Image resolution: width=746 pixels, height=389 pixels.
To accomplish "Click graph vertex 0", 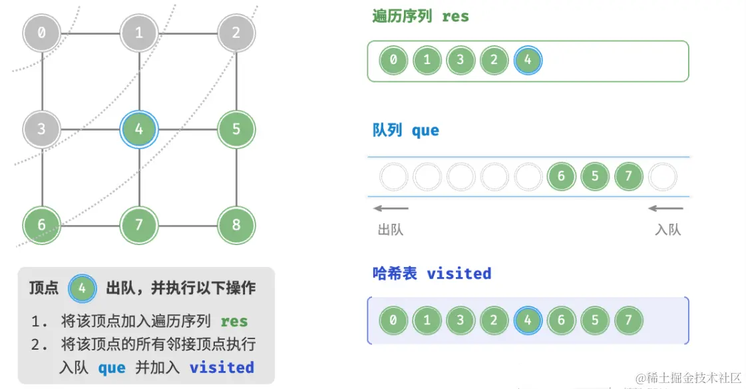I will [42, 32].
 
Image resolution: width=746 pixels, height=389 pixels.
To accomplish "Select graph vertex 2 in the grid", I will [236, 32].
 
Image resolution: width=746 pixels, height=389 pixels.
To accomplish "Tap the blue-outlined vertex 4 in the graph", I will [139, 129].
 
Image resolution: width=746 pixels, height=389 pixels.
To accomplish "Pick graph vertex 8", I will [236, 224].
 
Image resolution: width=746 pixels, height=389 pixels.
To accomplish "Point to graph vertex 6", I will [42, 224].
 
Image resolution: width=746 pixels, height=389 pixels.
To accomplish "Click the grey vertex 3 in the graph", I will [42, 129].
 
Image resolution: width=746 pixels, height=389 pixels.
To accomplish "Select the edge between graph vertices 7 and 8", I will [188, 225].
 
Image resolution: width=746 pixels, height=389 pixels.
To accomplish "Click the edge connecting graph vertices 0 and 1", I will [91, 32].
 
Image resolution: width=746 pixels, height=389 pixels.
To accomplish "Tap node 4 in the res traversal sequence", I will [528, 61].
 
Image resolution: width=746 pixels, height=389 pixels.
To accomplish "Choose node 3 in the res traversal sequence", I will [461, 61].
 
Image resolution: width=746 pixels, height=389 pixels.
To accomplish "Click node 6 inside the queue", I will [561, 177].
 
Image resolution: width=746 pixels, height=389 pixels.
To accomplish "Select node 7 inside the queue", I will [628, 177].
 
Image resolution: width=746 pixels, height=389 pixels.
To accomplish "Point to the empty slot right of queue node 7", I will [662, 177].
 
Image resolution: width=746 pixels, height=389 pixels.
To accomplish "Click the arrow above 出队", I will [391, 208].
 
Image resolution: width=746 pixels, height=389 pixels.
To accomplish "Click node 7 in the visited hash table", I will [628, 320].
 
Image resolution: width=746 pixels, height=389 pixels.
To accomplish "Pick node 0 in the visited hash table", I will [393, 320].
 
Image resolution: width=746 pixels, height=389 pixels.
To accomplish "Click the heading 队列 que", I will [405, 130].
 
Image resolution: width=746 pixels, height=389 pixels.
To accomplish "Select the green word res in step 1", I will [234, 321].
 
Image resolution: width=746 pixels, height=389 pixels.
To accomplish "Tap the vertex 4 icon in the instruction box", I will [82, 288].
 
